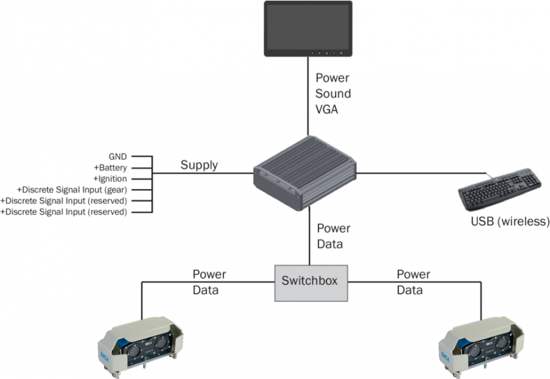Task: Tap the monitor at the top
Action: pyautogui.click(x=308, y=28)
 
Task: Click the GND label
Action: pyautogui.click(x=117, y=155)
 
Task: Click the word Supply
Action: pyautogui.click(x=199, y=165)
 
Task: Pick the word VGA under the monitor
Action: pyautogui.click(x=328, y=109)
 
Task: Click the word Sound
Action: pyautogui.click(x=333, y=93)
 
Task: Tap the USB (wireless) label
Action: pyautogui.click(x=510, y=222)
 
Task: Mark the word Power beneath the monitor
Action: pyautogui.click(x=332, y=78)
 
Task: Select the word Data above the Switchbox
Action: pyautogui.click(x=330, y=243)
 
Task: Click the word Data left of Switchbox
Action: pyautogui.click(x=206, y=291)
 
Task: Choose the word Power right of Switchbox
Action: pyautogui.click(x=413, y=275)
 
